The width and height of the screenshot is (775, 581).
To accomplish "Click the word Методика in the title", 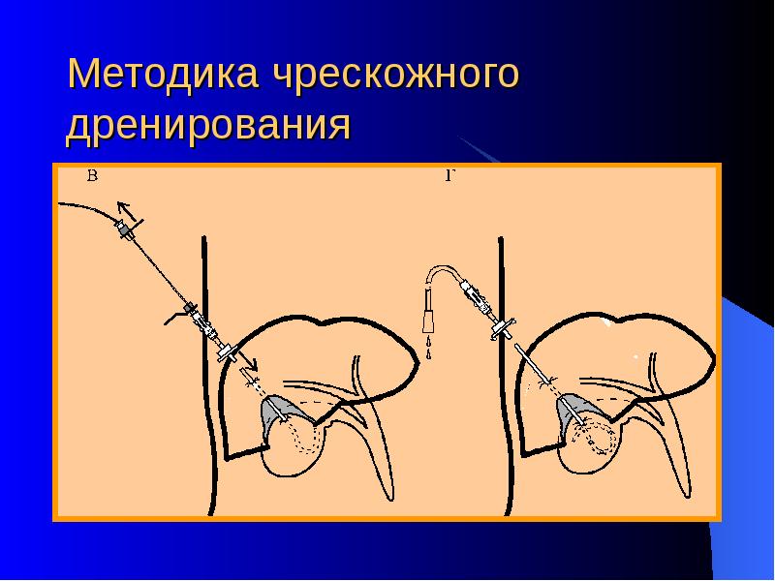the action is click(164, 74).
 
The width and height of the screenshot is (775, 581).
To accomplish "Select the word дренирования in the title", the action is click(208, 125).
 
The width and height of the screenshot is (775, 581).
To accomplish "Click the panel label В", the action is click(92, 175).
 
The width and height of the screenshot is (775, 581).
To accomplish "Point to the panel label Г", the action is click(449, 175).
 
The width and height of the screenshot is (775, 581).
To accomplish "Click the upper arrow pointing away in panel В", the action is click(127, 211).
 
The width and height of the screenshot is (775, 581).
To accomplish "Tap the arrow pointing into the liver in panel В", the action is click(247, 360).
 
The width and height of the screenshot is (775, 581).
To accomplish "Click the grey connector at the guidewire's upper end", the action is click(125, 230).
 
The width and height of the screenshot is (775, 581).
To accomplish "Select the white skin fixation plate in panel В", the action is click(228, 352).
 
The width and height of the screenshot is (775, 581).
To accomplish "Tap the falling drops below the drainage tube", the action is click(428, 347).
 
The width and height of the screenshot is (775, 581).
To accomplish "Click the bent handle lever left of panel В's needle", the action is click(175, 317).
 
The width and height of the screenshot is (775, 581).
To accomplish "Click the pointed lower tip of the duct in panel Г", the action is click(689, 496).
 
